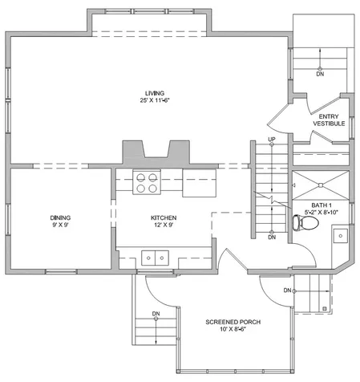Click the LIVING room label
(155, 93)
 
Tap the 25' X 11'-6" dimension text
(155, 100)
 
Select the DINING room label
(60, 217)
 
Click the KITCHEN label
(164, 217)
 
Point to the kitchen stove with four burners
(147, 183)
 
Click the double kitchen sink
(155, 258)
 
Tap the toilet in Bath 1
(305, 222)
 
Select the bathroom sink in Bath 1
(340, 236)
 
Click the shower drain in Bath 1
(321, 185)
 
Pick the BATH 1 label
(322, 205)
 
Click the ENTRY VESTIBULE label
(329, 120)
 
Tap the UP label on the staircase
(272, 140)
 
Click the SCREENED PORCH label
(233, 322)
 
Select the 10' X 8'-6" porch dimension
(233, 329)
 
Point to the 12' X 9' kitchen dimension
(164, 225)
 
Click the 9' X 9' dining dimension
(60, 225)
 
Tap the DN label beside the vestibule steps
(320, 74)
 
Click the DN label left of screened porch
(156, 314)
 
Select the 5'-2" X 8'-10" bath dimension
(322, 213)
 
